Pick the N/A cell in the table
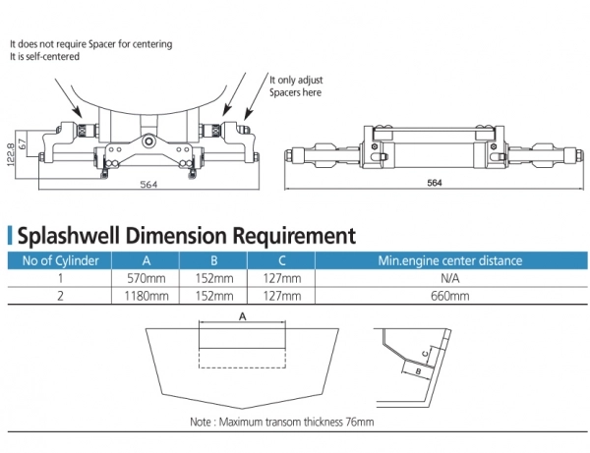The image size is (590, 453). (x=451, y=279)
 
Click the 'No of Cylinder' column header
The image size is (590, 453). (x=60, y=260)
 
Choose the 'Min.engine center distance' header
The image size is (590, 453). (x=451, y=260)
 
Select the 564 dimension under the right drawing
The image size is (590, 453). (x=435, y=184)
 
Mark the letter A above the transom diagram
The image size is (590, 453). (x=242, y=317)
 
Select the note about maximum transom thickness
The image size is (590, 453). (x=282, y=422)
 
